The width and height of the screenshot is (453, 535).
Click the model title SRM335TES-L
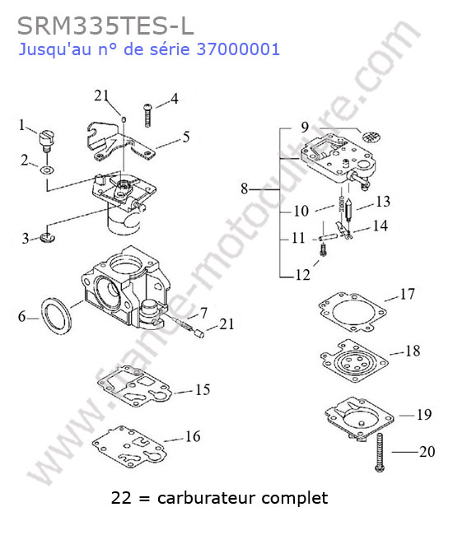pyautogui.click(x=105, y=26)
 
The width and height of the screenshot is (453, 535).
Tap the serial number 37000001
pyautogui.click(x=238, y=49)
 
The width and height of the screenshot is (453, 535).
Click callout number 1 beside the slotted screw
pyautogui.click(x=22, y=125)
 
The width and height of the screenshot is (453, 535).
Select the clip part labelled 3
pyautogui.click(x=47, y=238)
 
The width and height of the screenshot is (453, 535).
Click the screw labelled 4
pyautogui.click(x=147, y=115)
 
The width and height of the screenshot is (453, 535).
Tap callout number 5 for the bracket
pyautogui.click(x=186, y=137)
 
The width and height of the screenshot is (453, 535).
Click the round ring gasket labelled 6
pyautogui.click(x=56, y=315)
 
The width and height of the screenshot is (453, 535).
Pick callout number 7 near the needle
pyautogui.click(x=203, y=313)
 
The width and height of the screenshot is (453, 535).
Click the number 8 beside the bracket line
pyautogui.click(x=244, y=188)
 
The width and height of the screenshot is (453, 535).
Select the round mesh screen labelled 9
pyautogui.click(x=371, y=137)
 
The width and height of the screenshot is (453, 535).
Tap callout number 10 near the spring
pyautogui.click(x=301, y=211)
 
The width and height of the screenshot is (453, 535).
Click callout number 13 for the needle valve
pyautogui.click(x=383, y=202)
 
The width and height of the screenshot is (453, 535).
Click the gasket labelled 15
pyautogui.click(x=133, y=387)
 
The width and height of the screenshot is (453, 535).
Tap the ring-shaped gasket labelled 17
pyautogui.click(x=352, y=312)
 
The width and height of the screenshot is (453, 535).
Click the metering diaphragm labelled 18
pyautogui.click(x=353, y=361)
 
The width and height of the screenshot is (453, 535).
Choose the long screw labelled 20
pyautogui.click(x=379, y=453)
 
